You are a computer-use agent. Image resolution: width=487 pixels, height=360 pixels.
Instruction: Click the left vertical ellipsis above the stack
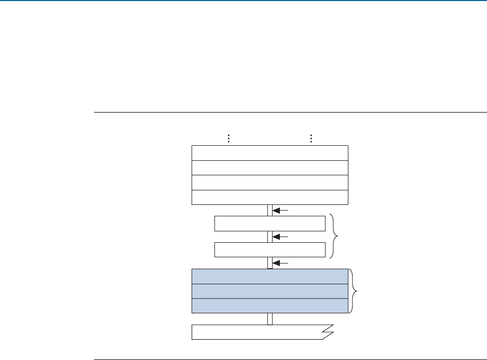pyautogui.click(x=228, y=139)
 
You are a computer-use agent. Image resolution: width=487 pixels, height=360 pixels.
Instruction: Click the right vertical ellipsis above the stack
pyautogui.click(x=311, y=139)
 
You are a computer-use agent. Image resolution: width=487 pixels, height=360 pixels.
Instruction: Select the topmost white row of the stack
pyautogui.click(x=270, y=154)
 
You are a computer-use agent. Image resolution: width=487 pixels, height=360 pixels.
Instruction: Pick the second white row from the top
pyautogui.click(x=270, y=168)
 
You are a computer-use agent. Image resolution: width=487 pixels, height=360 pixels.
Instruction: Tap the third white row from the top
pyautogui.click(x=270, y=183)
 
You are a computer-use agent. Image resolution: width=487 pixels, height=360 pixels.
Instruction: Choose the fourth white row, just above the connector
pyautogui.click(x=270, y=198)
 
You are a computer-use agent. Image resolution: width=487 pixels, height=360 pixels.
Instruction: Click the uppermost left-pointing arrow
pyautogui.click(x=280, y=211)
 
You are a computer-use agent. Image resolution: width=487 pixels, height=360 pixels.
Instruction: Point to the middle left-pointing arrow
pyautogui.click(x=280, y=237)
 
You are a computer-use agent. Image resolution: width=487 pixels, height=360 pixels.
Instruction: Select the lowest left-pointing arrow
pyautogui.click(x=280, y=264)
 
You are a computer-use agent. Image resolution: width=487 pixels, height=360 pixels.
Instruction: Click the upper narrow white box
pyautogui.click(x=270, y=224)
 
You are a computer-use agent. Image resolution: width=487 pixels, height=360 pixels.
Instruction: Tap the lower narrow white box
pyautogui.click(x=270, y=250)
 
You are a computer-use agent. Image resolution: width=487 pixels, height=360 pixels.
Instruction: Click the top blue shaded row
pyautogui.click(x=270, y=276)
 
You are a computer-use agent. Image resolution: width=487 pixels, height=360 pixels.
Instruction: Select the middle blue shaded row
pyautogui.click(x=270, y=291)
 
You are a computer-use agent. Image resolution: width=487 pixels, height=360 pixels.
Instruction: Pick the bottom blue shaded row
pyautogui.click(x=270, y=306)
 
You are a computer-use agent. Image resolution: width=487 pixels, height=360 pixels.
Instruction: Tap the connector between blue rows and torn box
pyautogui.click(x=270, y=319)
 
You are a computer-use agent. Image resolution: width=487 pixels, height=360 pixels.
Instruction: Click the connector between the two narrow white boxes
pyautogui.click(x=270, y=237)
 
